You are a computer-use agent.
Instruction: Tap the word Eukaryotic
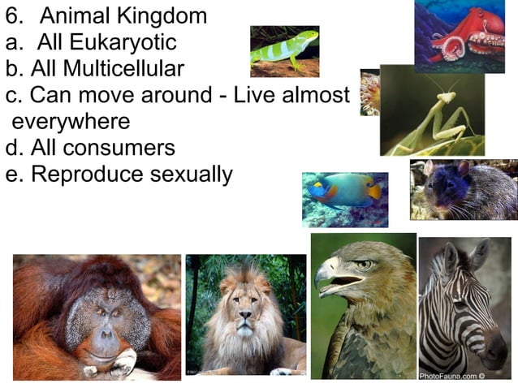pos(116,41)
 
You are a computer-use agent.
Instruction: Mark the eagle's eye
pos(365,265)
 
